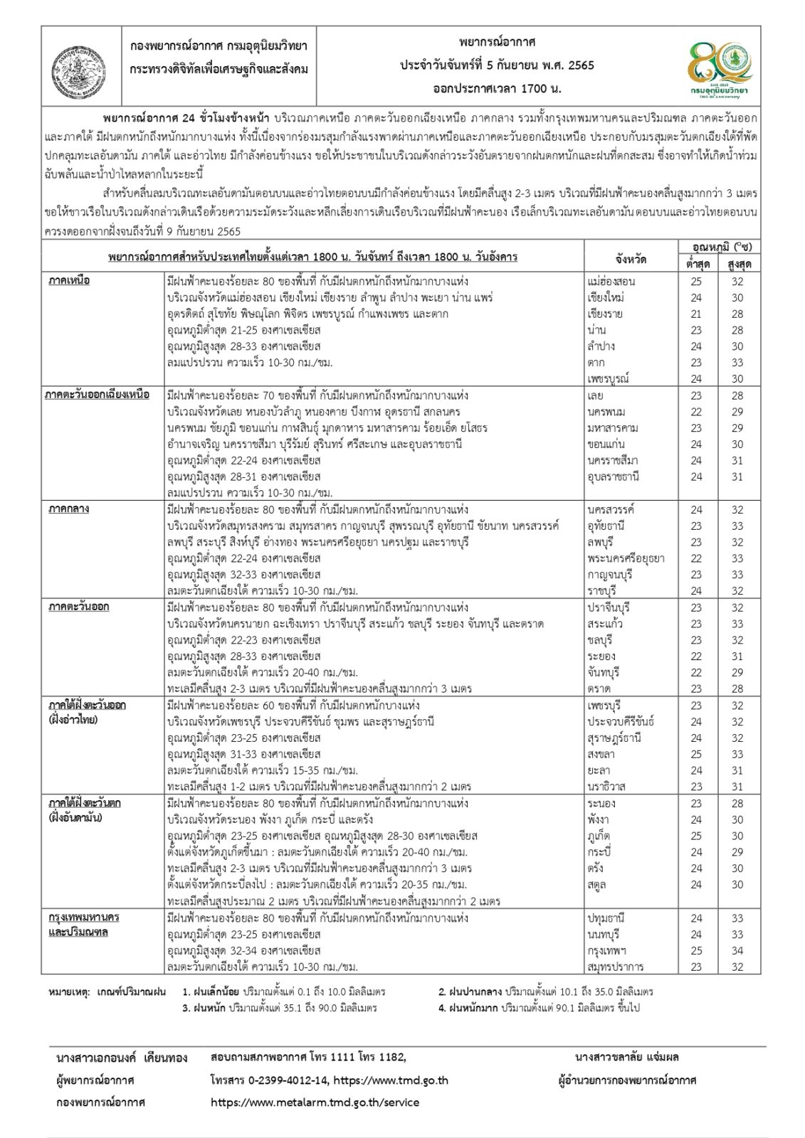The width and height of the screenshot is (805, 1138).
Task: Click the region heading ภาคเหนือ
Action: (x=69, y=281)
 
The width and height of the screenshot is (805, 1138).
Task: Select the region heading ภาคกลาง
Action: (x=69, y=509)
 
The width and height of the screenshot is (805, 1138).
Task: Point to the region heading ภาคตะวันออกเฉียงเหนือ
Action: (x=98, y=395)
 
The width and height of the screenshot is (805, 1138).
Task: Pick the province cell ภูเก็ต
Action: (x=599, y=836)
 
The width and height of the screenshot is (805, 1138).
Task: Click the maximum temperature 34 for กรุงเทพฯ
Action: (x=737, y=950)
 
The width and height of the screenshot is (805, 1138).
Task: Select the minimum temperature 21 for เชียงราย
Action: (x=695, y=314)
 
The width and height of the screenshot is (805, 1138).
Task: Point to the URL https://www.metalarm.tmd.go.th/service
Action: (x=315, y=1102)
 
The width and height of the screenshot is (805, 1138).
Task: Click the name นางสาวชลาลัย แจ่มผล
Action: (x=627, y=1057)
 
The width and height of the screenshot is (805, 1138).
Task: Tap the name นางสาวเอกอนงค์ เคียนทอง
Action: (x=122, y=1058)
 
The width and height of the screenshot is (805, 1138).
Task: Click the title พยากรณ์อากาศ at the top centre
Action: (x=497, y=43)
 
